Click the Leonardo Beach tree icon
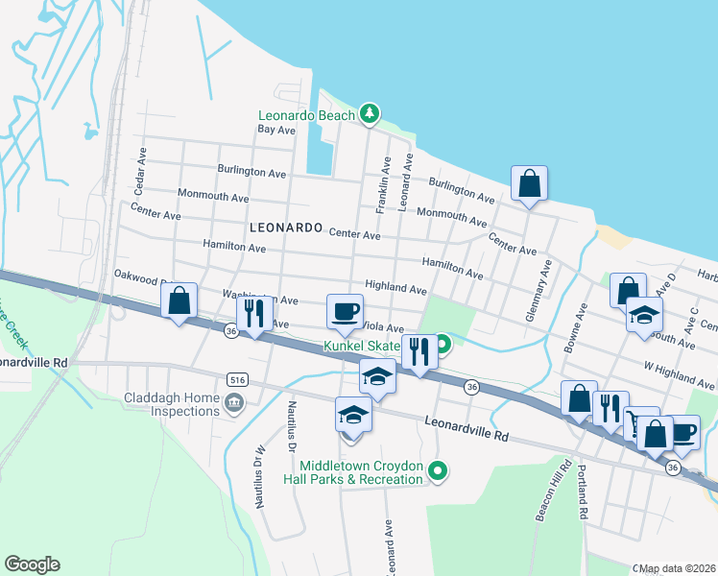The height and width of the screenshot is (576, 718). (x=370, y=114)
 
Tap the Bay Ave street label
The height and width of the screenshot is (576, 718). (x=276, y=130)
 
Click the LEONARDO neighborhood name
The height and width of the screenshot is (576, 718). (x=284, y=228)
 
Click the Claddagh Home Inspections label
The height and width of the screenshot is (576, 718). (x=172, y=404)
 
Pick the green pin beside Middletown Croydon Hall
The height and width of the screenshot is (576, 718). (x=438, y=470)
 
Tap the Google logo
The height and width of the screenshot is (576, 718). (x=32, y=564)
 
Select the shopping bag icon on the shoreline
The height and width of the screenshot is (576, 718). (x=529, y=182)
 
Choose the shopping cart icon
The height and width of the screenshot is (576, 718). (x=636, y=422)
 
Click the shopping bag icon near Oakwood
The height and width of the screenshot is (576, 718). (x=179, y=300)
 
